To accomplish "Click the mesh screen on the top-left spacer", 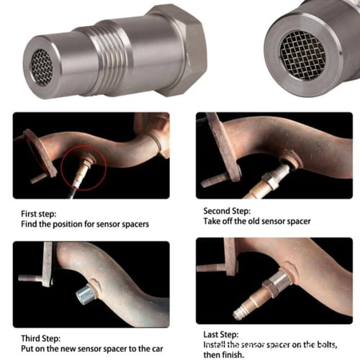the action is click(42, 68).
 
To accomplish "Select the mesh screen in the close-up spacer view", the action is click(302, 55).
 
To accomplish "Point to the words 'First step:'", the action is click(39, 214).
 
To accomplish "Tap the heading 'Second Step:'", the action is click(227, 211).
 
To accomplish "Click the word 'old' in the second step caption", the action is click(254, 221).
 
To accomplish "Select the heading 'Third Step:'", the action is click(41, 338).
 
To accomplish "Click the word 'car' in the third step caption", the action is click(157, 348).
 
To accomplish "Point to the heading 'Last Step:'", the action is click(221, 334).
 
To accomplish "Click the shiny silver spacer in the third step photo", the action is click(84, 295).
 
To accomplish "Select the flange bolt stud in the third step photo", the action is click(31, 277).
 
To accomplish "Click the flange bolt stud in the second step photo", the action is click(215, 181).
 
